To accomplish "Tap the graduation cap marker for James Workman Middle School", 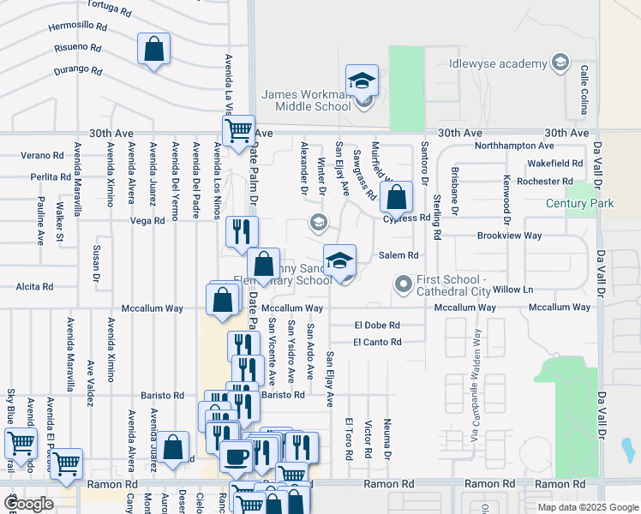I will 362,81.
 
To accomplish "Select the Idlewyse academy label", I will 498,64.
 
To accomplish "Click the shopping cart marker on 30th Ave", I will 238,131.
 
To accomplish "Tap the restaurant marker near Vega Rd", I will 241,231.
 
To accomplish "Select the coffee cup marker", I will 236,457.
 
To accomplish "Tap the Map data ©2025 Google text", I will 587,507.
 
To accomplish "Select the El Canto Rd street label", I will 377,343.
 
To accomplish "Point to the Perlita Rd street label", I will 49,177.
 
